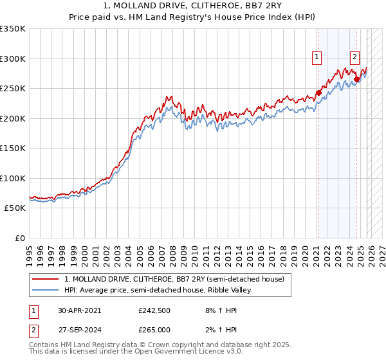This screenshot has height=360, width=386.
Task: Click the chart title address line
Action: click(x=192, y=6)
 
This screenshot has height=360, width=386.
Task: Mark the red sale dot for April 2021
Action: click(x=318, y=93)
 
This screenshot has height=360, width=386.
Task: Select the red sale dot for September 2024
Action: click(x=356, y=80)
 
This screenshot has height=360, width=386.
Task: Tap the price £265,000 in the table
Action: click(x=154, y=329)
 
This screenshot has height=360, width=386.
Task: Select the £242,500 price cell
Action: click(x=154, y=310)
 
